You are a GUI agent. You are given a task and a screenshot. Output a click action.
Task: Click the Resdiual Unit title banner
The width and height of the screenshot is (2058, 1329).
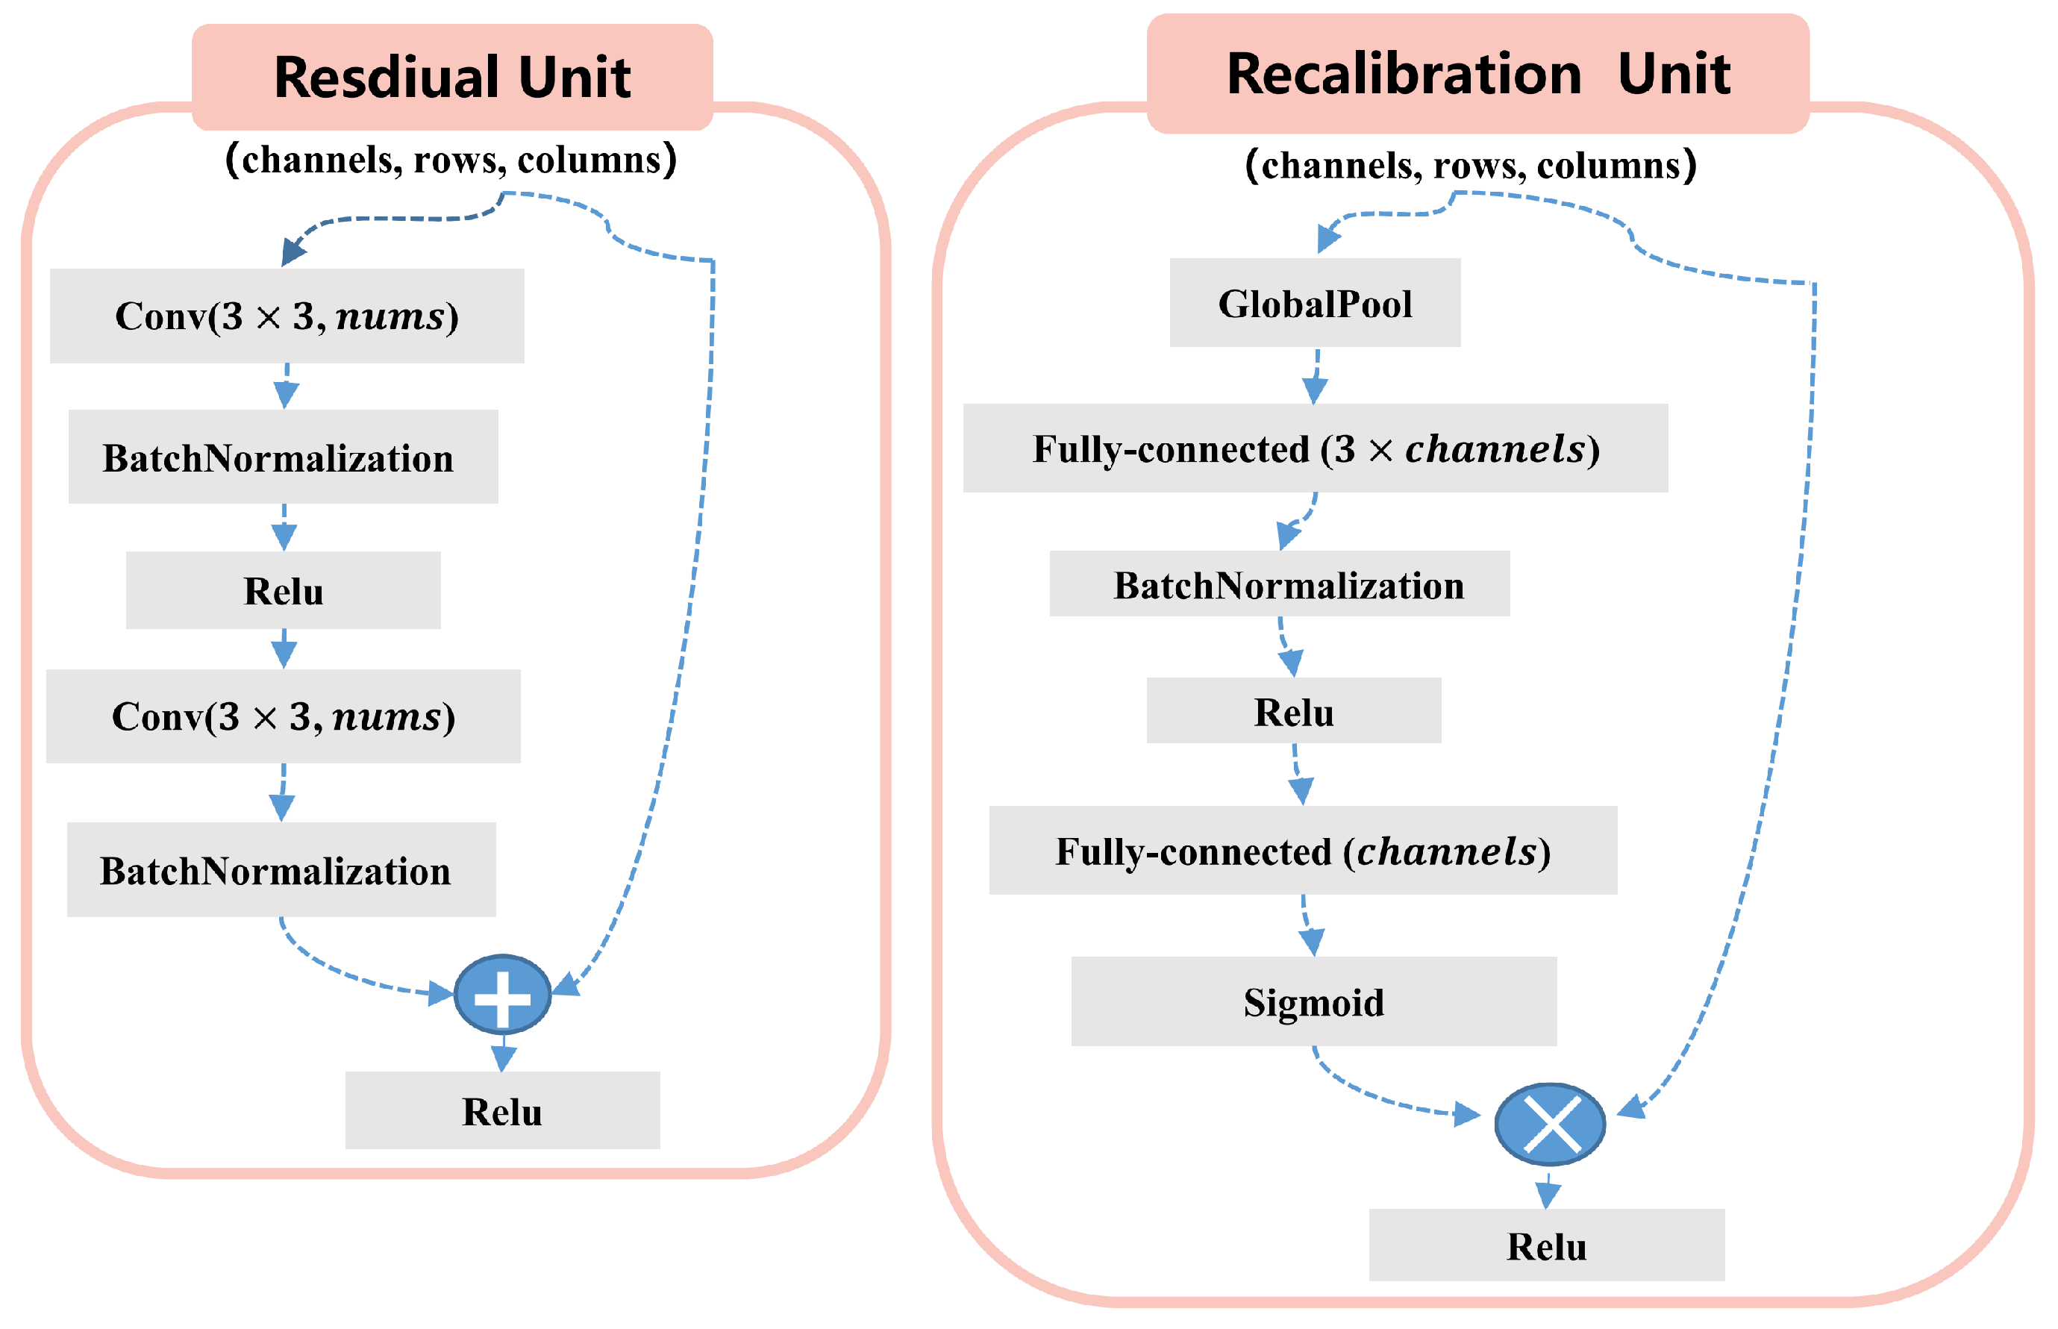click(451, 78)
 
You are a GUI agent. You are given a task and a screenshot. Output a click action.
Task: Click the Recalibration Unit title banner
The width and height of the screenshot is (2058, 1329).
click(1477, 74)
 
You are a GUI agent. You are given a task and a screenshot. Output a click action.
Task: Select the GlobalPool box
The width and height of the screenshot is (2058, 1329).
click(1314, 303)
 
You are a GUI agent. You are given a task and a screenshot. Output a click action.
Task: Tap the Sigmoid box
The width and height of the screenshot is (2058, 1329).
click(1313, 1002)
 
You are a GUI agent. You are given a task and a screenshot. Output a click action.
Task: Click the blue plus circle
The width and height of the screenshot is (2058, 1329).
click(502, 995)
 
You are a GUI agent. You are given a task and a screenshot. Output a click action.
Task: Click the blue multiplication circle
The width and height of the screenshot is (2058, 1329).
click(1550, 1125)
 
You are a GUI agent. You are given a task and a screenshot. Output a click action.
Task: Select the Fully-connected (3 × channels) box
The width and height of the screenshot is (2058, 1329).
click(1314, 448)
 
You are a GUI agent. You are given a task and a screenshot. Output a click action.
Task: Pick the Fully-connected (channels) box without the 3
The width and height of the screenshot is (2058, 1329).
click(1302, 851)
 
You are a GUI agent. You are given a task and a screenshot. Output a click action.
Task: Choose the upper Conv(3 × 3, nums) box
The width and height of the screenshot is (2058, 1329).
click(287, 316)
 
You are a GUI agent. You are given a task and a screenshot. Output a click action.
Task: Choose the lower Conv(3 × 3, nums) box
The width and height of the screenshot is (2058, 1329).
click(283, 716)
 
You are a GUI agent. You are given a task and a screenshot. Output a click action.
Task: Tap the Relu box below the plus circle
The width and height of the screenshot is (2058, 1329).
click(502, 1110)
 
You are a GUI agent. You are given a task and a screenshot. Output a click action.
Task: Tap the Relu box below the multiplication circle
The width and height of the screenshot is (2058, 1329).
click(1546, 1245)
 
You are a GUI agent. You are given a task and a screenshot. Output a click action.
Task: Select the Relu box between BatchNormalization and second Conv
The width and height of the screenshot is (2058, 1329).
click(283, 590)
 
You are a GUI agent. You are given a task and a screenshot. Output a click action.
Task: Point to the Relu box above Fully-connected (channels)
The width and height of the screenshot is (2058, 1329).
click(1292, 711)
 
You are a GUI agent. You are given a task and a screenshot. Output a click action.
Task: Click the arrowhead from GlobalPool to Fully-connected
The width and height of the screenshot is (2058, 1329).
click(1314, 390)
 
